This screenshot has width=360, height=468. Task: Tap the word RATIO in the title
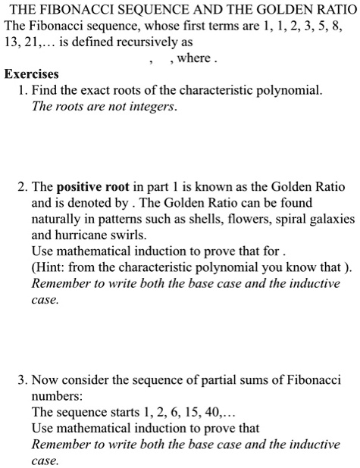tap(333, 10)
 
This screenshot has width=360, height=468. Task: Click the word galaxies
tap(330, 219)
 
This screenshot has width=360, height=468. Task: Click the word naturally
tap(58, 219)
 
